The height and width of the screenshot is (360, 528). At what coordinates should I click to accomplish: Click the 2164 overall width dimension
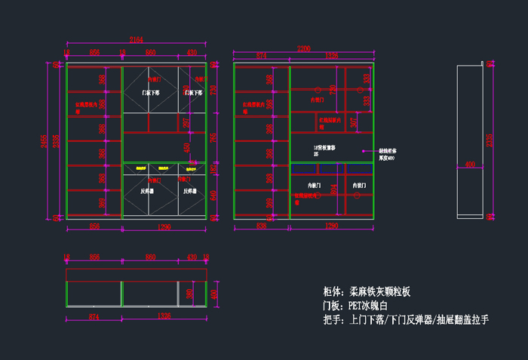click(137, 39)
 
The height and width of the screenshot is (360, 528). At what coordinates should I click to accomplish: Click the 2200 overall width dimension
click(303, 48)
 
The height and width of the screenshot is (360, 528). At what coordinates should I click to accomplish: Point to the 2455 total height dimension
click(45, 141)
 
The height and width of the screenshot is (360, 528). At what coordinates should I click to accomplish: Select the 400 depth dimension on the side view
click(469, 164)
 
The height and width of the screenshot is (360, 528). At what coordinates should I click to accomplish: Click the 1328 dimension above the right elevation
click(331, 55)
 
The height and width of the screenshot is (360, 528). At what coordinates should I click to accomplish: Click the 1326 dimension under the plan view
click(164, 317)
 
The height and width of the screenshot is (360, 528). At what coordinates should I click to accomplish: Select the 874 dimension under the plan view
click(94, 317)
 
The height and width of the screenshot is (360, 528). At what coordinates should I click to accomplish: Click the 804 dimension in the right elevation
click(335, 191)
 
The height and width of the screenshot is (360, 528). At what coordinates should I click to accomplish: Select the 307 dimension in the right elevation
click(354, 122)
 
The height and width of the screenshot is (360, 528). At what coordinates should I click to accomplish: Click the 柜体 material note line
click(366, 291)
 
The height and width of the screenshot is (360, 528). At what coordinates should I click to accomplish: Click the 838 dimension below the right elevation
click(261, 226)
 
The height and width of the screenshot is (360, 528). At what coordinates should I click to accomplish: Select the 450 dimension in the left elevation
click(187, 146)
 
